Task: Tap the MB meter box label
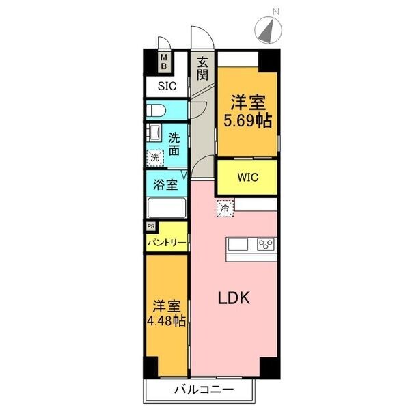(164, 63)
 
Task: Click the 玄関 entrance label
(203, 68)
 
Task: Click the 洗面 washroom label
(175, 143)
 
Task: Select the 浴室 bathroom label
(166, 184)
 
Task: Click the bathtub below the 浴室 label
(166, 208)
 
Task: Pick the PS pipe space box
(150, 225)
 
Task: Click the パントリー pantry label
(166, 242)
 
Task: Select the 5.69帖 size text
(248, 121)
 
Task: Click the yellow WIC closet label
(247, 178)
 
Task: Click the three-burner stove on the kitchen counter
(266, 245)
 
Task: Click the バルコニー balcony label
(203, 389)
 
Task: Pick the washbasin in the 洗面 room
(153, 132)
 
